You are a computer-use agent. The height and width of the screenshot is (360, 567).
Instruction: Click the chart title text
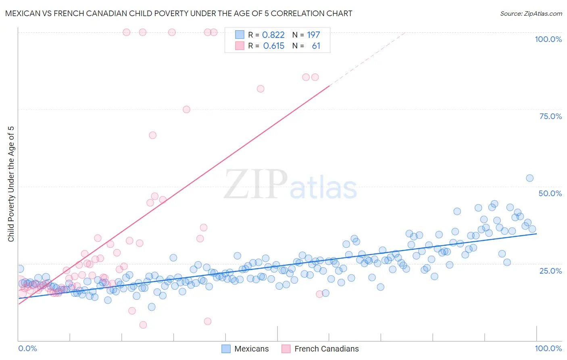pyautogui.click(x=179, y=13)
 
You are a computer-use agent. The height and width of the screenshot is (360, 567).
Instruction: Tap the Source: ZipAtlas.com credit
pyautogui.click(x=531, y=13)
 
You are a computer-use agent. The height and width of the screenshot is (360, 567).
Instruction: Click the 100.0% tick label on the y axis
pyautogui.click(x=548, y=39)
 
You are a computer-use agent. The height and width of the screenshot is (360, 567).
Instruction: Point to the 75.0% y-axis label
pyautogui.click(x=550, y=116)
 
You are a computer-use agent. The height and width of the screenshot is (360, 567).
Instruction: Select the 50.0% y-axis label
pyautogui.click(x=550, y=193)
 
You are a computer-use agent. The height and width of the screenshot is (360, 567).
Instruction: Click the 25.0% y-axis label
pyautogui.click(x=550, y=270)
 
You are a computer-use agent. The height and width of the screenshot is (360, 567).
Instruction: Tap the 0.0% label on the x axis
pyautogui.click(x=27, y=348)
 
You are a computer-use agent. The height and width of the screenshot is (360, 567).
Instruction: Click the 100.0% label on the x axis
pyautogui.click(x=548, y=348)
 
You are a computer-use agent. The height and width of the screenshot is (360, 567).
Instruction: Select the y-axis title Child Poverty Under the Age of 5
pyautogui.click(x=11, y=184)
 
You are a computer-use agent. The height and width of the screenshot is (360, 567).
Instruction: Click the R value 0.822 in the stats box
pyautogui.click(x=273, y=35)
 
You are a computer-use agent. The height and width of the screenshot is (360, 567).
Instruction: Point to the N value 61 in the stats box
pyautogui.click(x=316, y=46)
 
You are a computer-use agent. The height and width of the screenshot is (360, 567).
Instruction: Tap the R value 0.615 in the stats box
pyautogui.click(x=274, y=46)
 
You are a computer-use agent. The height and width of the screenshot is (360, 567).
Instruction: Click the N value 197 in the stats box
pyautogui.click(x=313, y=35)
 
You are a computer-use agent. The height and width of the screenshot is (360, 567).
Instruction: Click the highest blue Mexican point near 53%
pyautogui.click(x=529, y=178)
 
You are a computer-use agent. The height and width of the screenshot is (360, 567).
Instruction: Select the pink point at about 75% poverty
pyautogui.click(x=186, y=109)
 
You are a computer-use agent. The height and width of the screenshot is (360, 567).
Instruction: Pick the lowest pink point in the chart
pyautogui.click(x=143, y=325)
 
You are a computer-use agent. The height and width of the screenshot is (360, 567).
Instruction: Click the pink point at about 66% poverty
pyautogui.click(x=152, y=135)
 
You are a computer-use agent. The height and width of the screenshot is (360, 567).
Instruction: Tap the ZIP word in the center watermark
pyautogui.click(x=256, y=184)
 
